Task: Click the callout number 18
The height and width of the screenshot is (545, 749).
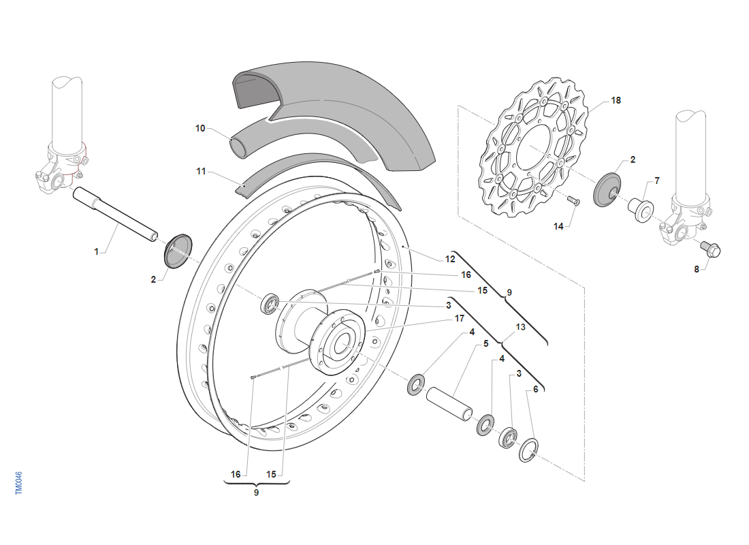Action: (x=616, y=100)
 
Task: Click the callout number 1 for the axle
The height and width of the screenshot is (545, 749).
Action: (x=97, y=251)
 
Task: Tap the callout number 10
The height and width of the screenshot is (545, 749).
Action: (x=200, y=128)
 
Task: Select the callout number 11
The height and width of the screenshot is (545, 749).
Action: (x=201, y=172)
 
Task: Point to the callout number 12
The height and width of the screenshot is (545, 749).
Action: (x=450, y=259)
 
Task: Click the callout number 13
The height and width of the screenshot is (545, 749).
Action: (x=521, y=327)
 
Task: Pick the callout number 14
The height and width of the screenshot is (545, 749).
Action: (x=558, y=226)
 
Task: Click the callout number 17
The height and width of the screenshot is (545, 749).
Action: (x=460, y=317)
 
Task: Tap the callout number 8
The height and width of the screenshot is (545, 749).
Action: (x=697, y=269)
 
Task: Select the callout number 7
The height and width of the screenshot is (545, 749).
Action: (x=656, y=181)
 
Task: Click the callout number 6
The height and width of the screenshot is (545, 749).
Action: (x=535, y=389)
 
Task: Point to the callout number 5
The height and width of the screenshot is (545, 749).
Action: (x=486, y=344)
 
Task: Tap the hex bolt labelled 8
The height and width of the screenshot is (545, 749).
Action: (x=711, y=250)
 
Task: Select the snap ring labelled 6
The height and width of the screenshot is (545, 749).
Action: (x=529, y=450)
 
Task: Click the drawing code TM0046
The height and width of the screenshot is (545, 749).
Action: (x=19, y=483)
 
